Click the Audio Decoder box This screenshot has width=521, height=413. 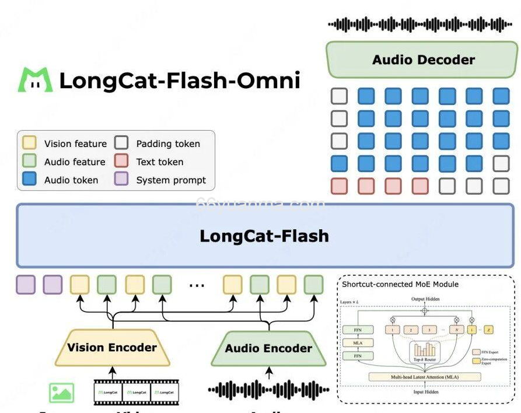coord(423,60)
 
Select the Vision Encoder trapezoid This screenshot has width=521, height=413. coord(112,348)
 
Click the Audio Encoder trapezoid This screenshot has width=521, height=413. coord(268,349)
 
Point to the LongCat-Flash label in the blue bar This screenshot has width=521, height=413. coord(264,236)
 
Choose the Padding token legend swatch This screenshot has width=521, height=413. coord(121,143)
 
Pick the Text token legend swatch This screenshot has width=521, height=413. coord(121,162)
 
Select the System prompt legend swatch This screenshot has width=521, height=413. coord(121,180)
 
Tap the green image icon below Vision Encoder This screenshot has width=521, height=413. coord(62,392)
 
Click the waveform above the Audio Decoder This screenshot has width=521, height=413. coord(419,24)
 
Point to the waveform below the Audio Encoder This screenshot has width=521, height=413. coord(268,390)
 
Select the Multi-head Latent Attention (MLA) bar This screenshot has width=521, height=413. coord(425,377)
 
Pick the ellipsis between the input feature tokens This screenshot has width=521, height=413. coord(197,286)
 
